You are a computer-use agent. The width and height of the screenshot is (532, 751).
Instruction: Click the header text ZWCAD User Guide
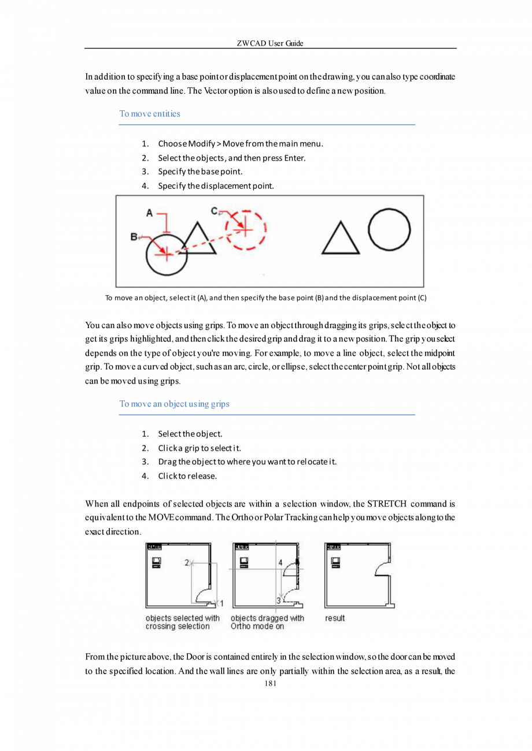270,43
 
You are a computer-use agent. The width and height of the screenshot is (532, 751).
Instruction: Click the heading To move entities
150,114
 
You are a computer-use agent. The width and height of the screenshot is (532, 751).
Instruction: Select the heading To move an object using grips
174,404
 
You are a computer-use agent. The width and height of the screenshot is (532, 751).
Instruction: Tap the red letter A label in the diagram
149,213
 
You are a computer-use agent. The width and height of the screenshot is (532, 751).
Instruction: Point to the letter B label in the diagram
134,237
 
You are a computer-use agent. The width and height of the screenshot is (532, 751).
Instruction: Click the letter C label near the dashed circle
214,211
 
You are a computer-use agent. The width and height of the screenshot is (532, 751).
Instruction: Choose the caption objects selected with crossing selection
182,622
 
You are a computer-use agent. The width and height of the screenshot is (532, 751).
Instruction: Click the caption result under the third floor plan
335,618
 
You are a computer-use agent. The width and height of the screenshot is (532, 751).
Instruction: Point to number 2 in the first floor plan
186,562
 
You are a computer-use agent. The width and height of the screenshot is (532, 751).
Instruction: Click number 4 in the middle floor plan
280,562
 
